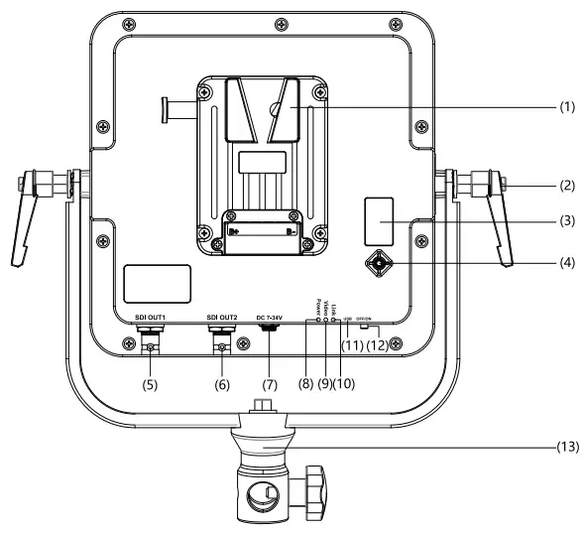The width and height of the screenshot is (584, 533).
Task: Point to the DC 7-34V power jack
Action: point(270,334)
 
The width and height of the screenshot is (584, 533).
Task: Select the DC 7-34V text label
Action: point(271,318)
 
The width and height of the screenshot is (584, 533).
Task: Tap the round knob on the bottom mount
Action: point(320,493)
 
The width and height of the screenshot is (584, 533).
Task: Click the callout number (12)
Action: point(379,343)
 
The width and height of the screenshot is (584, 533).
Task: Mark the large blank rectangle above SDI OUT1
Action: point(157,284)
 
